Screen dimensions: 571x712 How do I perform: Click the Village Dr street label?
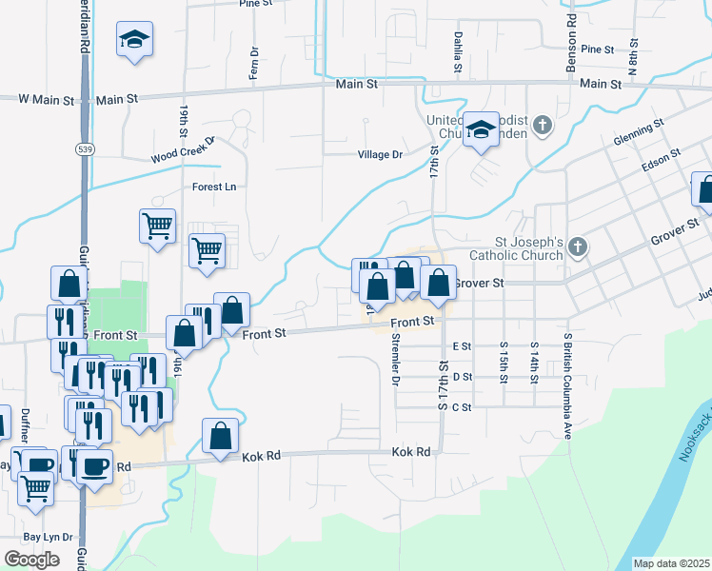[x=380, y=154]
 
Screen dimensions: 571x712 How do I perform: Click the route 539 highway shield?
[x=84, y=149]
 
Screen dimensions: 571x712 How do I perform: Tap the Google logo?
[x=32, y=559]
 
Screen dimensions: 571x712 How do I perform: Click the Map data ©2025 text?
[x=671, y=563]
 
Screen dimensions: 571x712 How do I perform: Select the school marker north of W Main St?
[x=135, y=40]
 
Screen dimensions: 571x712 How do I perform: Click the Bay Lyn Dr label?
[x=48, y=537]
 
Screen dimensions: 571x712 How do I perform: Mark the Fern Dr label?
[x=254, y=63]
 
